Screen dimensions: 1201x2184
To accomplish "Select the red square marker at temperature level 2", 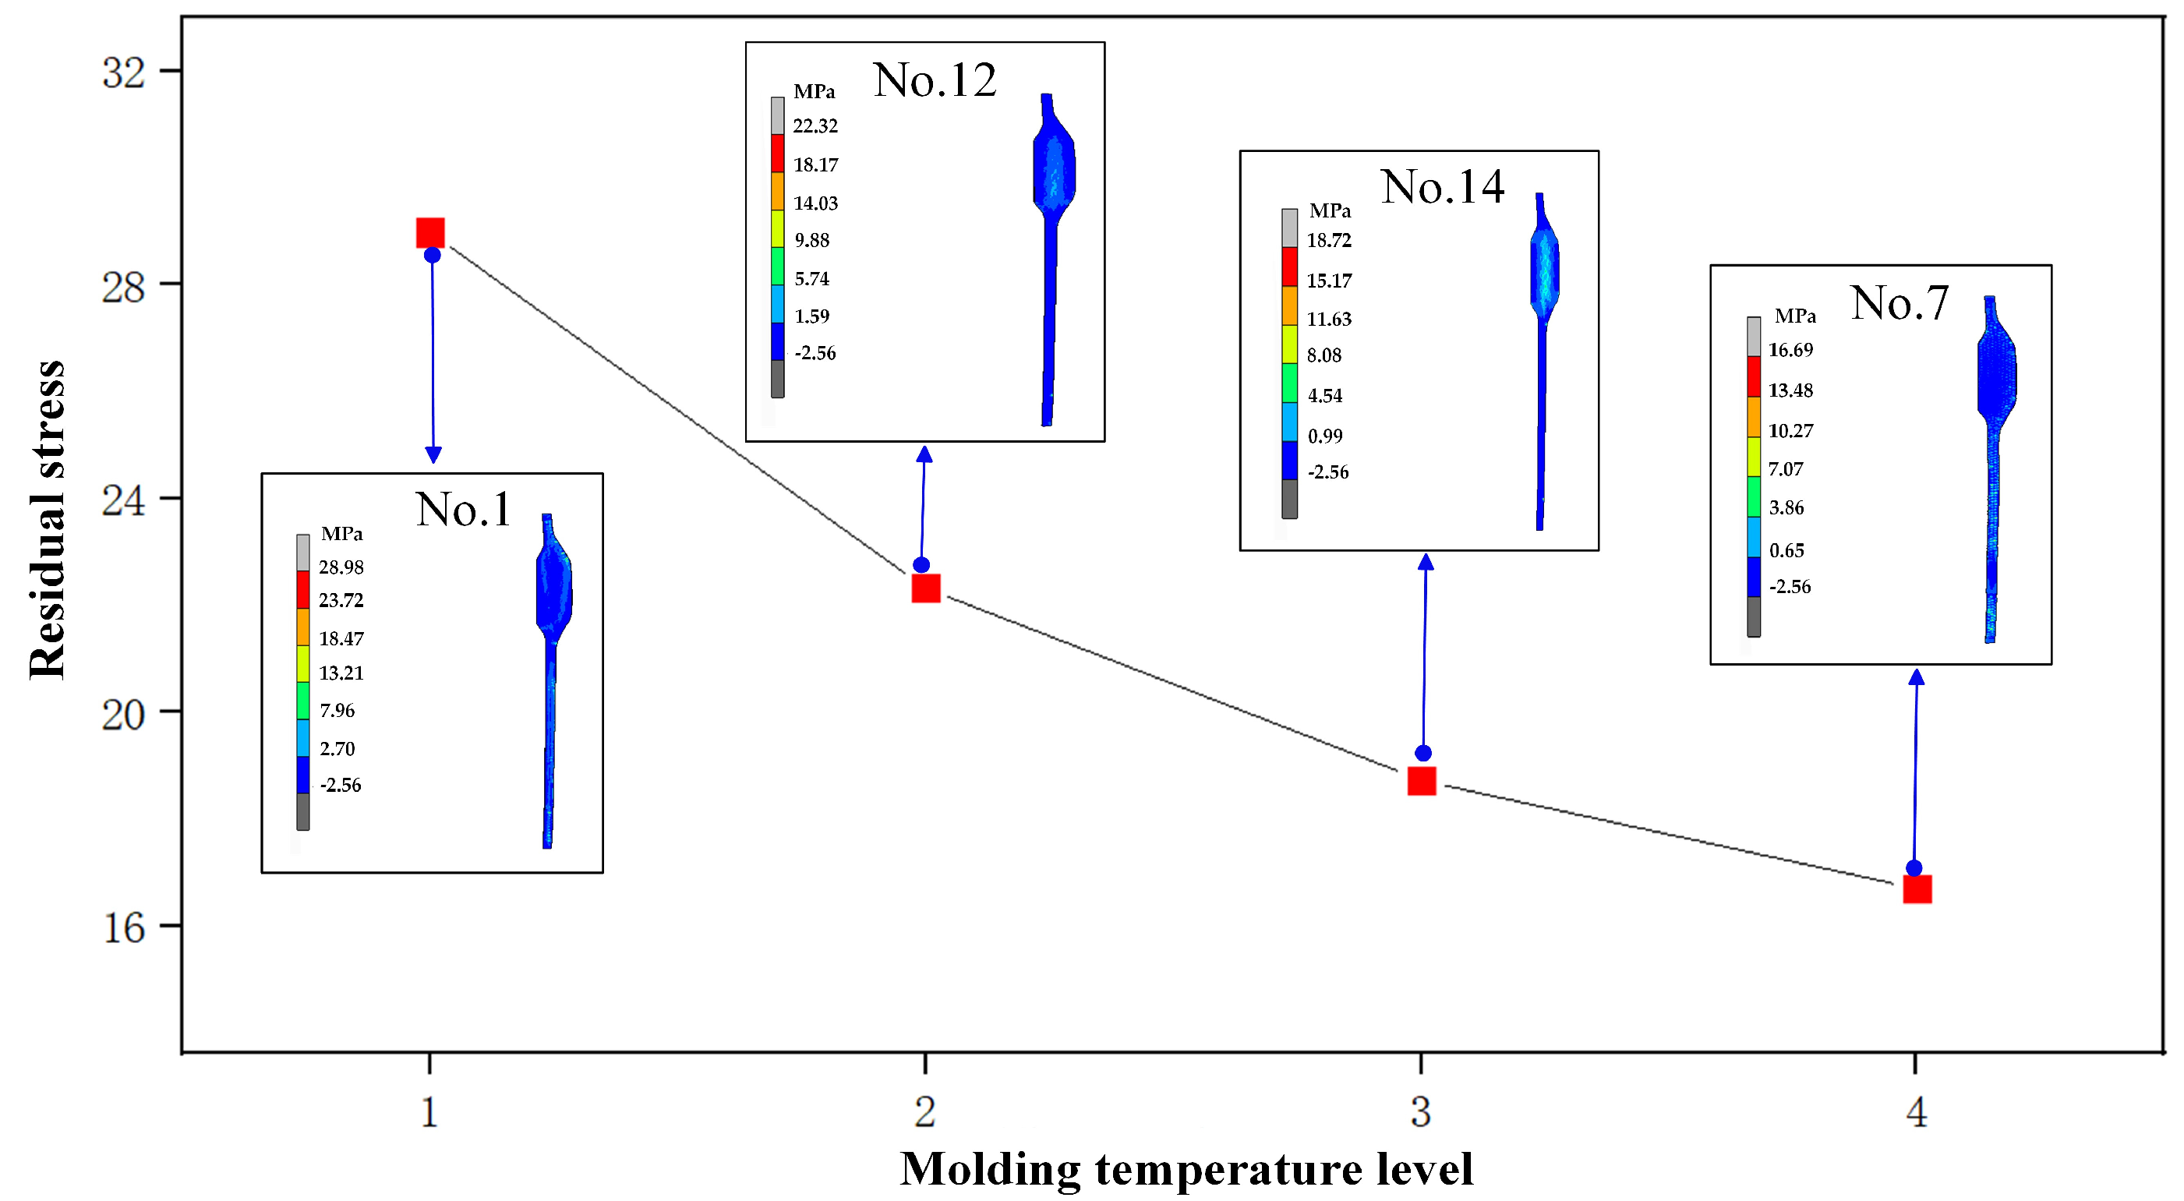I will (x=926, y=588).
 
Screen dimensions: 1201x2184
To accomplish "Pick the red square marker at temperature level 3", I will (x=1422, y=781).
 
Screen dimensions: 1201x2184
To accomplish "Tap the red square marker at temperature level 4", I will (x=1917, y=889).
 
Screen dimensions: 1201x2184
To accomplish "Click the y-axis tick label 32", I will (x=124, y=73).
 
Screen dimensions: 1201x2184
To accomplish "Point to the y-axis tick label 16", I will (x=124, y=927).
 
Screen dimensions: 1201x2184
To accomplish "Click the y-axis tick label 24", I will (x=124, y=500).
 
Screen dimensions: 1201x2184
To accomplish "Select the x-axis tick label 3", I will (x=1421, y=1111).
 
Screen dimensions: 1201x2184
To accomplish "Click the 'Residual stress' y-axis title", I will (x=48, y=519).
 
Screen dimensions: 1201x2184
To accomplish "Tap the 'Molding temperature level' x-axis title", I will (x=1186, y=1170).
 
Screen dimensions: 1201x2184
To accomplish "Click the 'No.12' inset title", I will (x=935, y=80).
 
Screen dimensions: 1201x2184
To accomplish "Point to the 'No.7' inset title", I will (x=1900, y=302).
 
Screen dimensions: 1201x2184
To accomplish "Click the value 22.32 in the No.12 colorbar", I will (x=815, y=126).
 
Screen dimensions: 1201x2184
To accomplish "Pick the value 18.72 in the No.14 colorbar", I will (x=1328, y=241).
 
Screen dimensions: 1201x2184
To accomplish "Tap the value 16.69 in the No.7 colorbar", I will (x=1790, y=350).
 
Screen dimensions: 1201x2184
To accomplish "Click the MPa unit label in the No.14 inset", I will (x=1330, y=210).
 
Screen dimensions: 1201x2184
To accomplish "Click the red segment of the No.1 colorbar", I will (x=302, y=590).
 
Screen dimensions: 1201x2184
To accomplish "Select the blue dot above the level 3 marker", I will (x=1423, y=753).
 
